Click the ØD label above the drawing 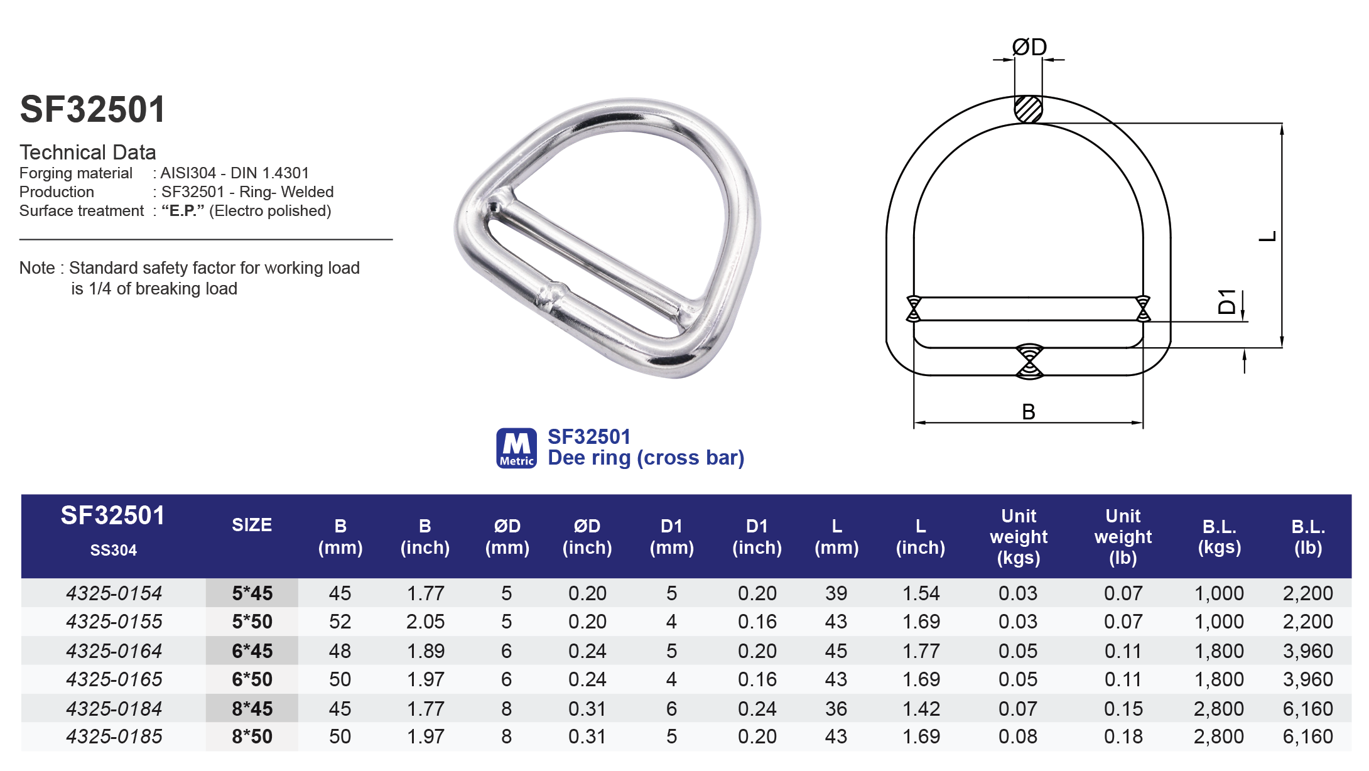tap(1029, 47)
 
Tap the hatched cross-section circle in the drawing tap(1029, 109)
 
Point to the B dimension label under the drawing tap(1028, 412)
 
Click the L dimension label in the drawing tap(1267, 236)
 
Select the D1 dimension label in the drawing tap(1226, 301)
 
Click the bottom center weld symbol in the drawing tap(1029, 362)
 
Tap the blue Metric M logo tap(516, 448)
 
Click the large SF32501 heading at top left tap(93, 109)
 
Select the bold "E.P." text tap(183, 211)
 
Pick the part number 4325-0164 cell tap(114, 651)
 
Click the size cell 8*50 tap(252, 736)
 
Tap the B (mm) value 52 tap(340, 622)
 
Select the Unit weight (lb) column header tap(1123, 537)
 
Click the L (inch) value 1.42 tap(921, 709)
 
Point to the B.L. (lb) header tap(1308, 537)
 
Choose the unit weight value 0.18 tap(1123, 736)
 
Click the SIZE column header tap(252, 525)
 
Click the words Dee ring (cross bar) tap(646, 458)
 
